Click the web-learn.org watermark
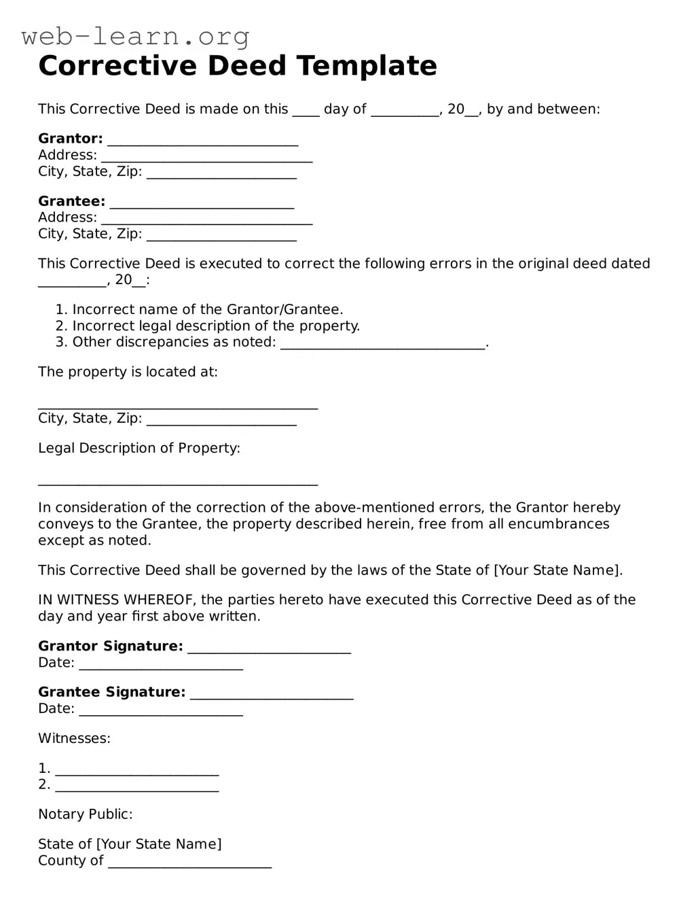pyautogui.click(x=135, y=36)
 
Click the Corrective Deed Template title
pyautogui.click(x=238, y=66)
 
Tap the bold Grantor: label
pyautogui.click(x=70, y=139)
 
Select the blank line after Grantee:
pyautogui.click(x=202, y=203)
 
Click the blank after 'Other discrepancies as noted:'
pyautogui.click(x=383, y=344)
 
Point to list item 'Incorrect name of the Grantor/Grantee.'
pyautogui.click(x=207, y=310)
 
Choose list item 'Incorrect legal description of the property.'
pyautogui.click(x=216, y=326)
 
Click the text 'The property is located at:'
pyautogui.click(x=128, y=372)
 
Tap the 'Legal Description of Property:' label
pyautogui.click(x=139, y=448)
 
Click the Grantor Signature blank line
pyautogui.click(x=269, y=648)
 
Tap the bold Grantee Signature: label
pyautogui.click(x=111, y=692)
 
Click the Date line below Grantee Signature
pyautogui.click(x=161, y=711)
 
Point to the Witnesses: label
pyautogui.click(x=74, y=738)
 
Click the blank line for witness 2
pyautogui.click(x=137, y=787)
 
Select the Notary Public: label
pyautogui.click(x=85, y=814)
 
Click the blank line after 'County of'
pyautogui.click(x=189, y=863)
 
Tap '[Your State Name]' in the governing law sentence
pyautogui.click(x=557, y=570)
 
